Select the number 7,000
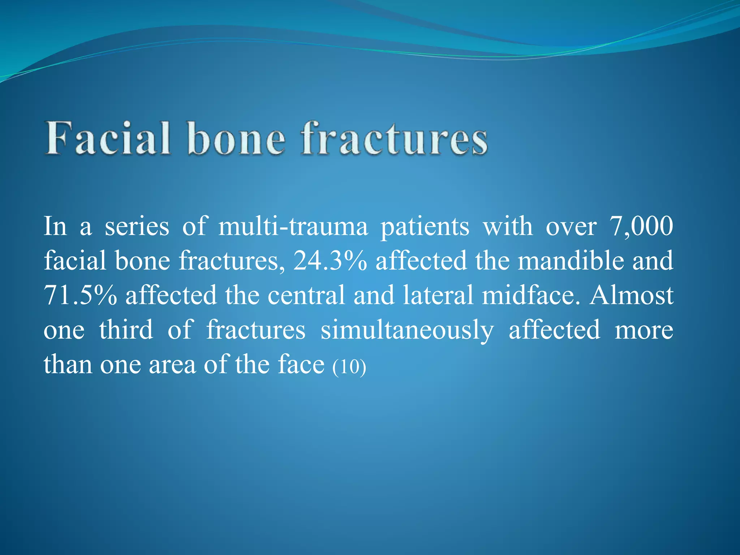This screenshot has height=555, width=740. pyautogui.click(x=641, y=227)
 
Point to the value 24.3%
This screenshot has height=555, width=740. pyautogui.click(x=330, y=261)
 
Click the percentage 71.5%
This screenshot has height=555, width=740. pyautogui.click(x=80, y=295)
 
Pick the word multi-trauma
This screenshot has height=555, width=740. pyautogui.click(x=293, y=227)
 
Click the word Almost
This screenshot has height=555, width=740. pyautogui.click(x=631, y=295)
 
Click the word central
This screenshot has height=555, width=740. pyautogui.click(x=306, y=295)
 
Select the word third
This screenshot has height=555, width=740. pyautogui.click(x=126, y=330)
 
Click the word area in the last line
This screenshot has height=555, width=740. pyautogui.click(x=172, y=365)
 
